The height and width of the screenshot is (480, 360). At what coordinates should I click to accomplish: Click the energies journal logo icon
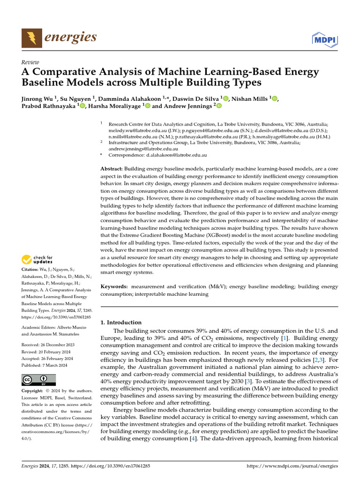point(32,37)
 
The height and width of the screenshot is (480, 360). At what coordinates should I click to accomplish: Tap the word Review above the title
point(30,62)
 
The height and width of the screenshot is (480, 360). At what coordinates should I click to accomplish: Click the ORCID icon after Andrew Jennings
point(218,106)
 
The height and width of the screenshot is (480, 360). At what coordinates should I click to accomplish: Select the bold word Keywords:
point(114,286)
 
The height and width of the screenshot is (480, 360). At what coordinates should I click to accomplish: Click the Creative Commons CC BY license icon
point(38,379)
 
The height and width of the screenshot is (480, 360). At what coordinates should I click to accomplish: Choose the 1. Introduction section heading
point(121,322)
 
